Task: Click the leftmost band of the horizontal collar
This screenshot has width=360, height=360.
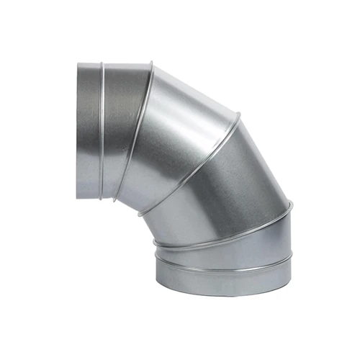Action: click(89, 130)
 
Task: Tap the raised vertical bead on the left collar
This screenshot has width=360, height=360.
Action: click(102, 130)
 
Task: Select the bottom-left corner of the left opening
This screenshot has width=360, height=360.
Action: click(78, 196)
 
